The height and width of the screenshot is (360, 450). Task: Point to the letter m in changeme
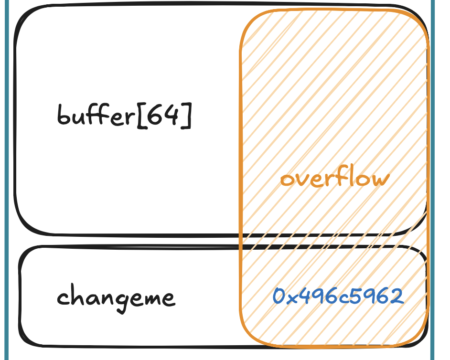[151, 298]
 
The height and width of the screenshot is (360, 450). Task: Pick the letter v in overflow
[302, 180]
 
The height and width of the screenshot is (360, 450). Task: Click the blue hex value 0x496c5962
[338, 296]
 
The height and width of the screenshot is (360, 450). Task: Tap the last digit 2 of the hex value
[397, 296]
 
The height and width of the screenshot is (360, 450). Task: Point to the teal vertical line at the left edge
[7, 180]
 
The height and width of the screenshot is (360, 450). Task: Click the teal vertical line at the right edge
[432, 180]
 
